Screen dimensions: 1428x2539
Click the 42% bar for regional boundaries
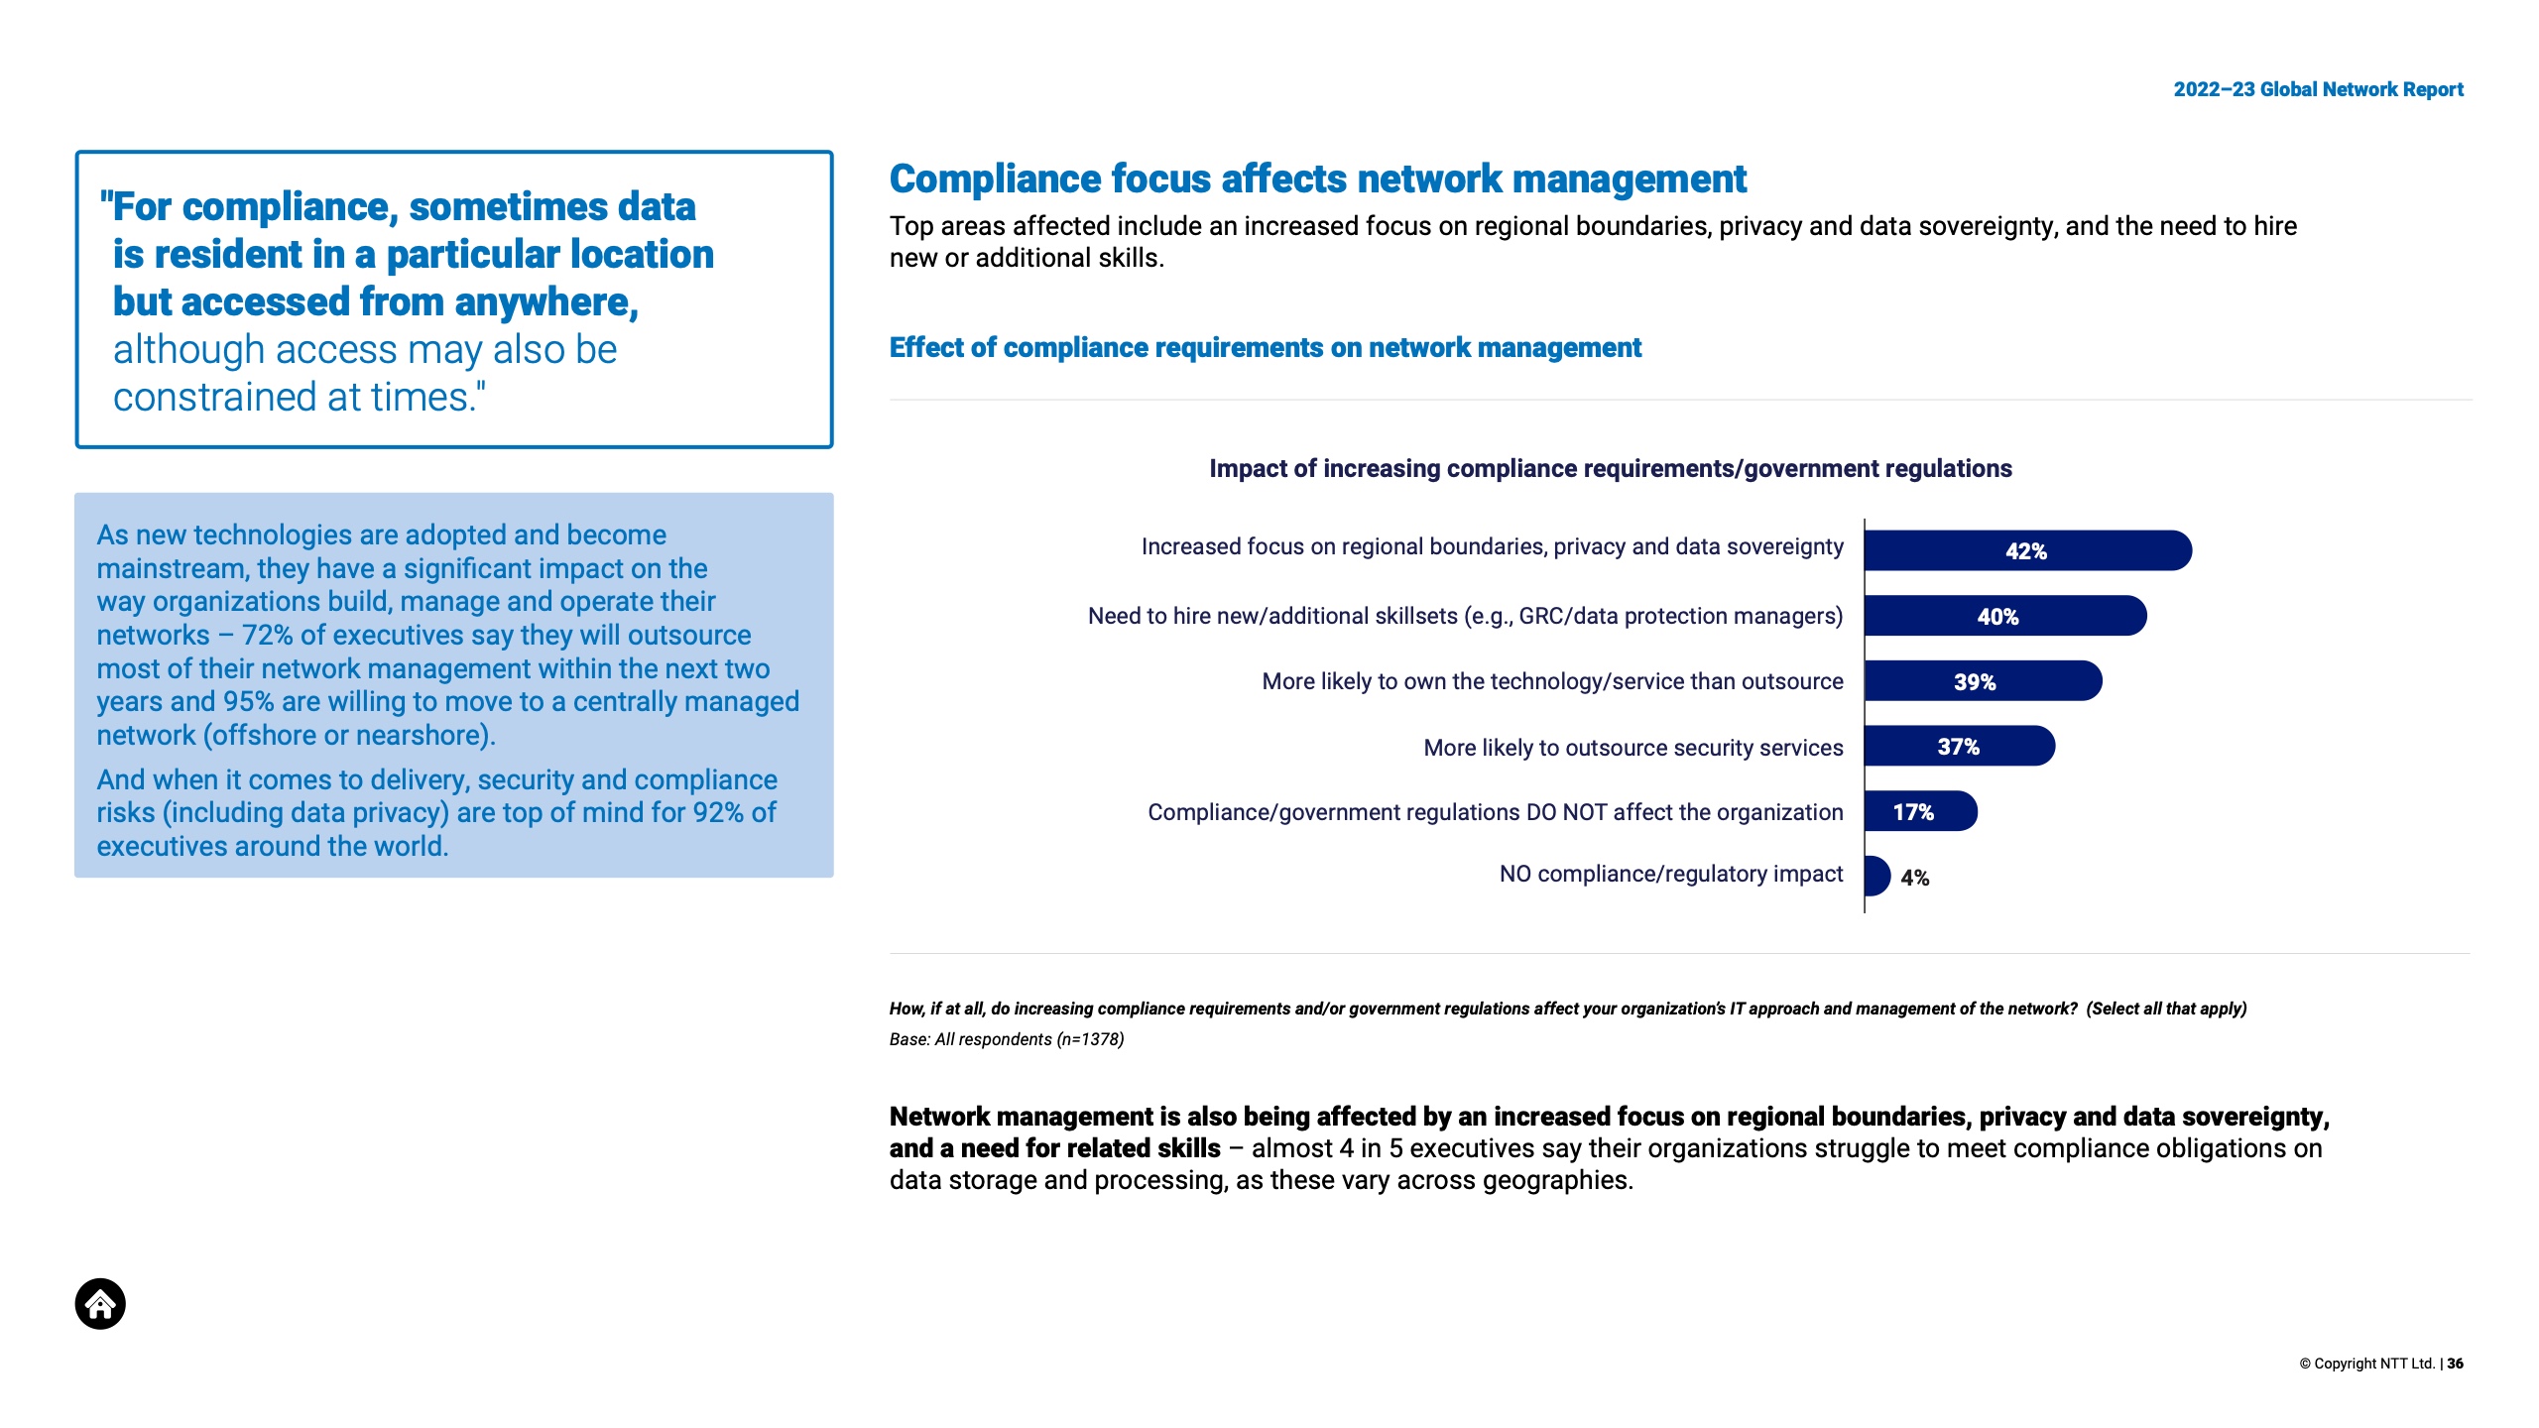pos(2026,550)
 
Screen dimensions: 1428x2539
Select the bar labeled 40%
pos(2003,616)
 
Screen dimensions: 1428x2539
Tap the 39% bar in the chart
pos(1982,681)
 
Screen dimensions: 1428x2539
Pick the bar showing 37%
pos(1959,746)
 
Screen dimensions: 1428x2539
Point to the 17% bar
pos(1919,811)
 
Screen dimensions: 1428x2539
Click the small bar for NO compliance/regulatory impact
pos(1876,876)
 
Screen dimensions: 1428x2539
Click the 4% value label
pos(1915,878)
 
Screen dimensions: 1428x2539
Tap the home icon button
pos(100,1303)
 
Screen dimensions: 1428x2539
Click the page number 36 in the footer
pos(2456,1364)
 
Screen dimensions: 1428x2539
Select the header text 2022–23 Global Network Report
pos(2318,89)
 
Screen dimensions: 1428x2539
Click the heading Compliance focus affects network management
pos(1317,178)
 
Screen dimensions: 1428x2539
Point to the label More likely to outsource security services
pos(1632,748)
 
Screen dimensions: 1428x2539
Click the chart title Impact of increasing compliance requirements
pos(1610,468)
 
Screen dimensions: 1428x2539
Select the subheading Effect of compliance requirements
pos(1265,347)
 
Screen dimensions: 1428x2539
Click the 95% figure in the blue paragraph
pos(248,701)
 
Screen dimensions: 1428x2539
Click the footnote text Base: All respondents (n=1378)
pos(1006,1039)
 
